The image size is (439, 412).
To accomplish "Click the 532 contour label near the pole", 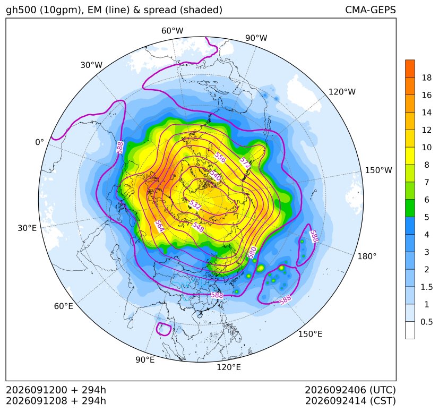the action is click(195, 205).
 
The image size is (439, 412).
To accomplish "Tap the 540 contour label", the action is click(216, 175).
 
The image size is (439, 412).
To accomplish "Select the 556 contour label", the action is click(220, 157).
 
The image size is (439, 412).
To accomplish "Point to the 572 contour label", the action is click(245, 162).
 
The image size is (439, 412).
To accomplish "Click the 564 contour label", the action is click(159, 226).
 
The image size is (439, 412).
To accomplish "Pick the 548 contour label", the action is click(198, 227).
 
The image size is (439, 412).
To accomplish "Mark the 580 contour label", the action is click(252, 252).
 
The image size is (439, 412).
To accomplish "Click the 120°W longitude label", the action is click(342, 92).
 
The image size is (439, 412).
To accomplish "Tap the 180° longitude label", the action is click(367, 256).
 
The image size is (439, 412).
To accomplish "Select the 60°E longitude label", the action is click(64, 306).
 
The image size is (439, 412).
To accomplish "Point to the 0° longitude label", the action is click(39, 142).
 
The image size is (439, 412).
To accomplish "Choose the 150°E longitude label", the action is click(310, 334).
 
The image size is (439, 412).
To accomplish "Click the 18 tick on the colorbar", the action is click(427, 78).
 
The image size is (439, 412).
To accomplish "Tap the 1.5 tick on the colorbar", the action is click(427, 287).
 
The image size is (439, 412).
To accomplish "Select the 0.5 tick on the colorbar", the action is click(427, 322).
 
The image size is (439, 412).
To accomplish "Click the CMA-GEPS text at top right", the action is click(371, 10).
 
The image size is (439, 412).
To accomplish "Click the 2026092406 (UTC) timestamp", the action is click(350, 390).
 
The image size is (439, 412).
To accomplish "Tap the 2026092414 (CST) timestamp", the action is click(350, 401).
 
